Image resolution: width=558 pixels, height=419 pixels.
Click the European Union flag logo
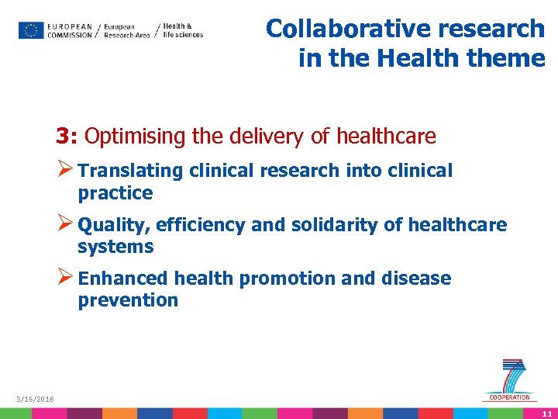point(31,30)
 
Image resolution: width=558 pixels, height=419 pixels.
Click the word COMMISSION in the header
point(70,36)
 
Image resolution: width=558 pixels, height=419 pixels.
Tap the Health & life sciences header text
point(183,30)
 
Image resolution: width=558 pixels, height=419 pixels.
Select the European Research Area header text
point(126,30)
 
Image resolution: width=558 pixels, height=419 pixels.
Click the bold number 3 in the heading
point(62,137)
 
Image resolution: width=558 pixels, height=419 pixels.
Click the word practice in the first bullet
point(115,193)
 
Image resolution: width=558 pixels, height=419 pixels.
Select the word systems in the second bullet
point(115,247)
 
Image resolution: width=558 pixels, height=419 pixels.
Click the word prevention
point(128,300)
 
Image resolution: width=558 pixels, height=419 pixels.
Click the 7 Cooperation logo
point(511,380)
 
